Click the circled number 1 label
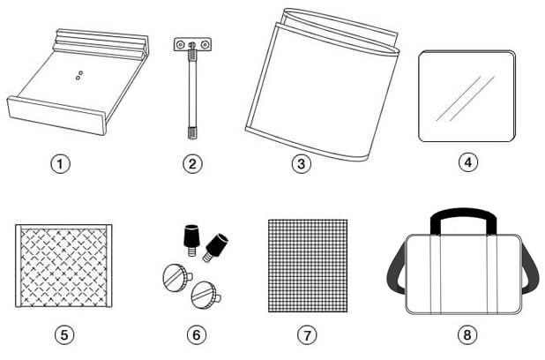pyautogui.click(x=61, y=164)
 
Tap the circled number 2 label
pyautogui.click(x=192, y=163)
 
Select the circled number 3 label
pyautogui.click(x=301, y=163)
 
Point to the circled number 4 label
pyautogui.click(x=468, y=162)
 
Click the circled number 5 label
pyautogui.click(x=64, y=335)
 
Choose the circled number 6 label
pyautogui.click(x=197, y=335)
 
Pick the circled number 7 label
pyautogui.click(x=307, y=335)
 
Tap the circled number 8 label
pyautogui.click(x=467, y=335)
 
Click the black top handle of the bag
pyautogui.click(x=464, y=213)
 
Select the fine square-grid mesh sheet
pyautogui.click(x=308, y=266)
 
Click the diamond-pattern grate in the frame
pyautogui.click(x=63, y=266)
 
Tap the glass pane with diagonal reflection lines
pyautogui.click(x=467, y=96)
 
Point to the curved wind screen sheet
pyautogui.click(x=322, y=86)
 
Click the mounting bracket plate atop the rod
pyautogui.click(x=192, y=44)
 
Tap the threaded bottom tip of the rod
pyautogui.click(x=192, y=133)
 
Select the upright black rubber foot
pyautogui.click(x=190, y=240)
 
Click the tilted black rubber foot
pyautogui.click(x=216, y=246)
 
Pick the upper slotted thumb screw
pyautogui.click(x=176, y=277)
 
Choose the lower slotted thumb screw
pyautogui.click(x=205, y=296)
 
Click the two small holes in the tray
pyautogui.click(x=79, y=76)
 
